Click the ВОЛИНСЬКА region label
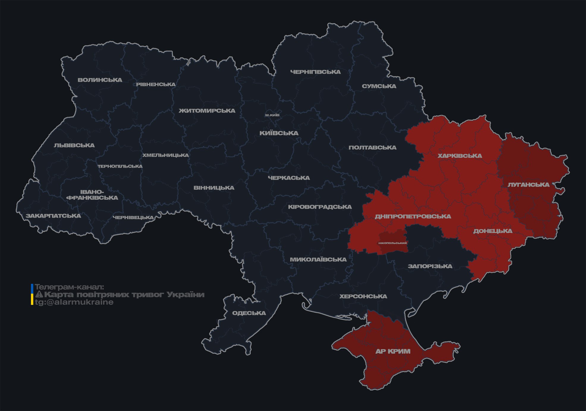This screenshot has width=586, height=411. click(100, 80)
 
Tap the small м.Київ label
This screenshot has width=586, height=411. click(272, 115)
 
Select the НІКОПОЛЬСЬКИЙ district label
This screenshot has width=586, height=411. click(392, 243)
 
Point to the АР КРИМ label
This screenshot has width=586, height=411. click(393, 351)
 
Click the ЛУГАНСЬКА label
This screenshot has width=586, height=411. click(528, 185)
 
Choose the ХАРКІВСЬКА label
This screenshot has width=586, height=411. click(460, 156)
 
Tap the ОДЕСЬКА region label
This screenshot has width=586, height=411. click(249, 313)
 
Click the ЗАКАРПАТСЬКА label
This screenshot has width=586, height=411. click(53, 216)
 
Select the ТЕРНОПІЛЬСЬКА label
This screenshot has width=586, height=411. click(120, 166)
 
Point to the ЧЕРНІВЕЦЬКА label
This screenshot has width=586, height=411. click(133, 218)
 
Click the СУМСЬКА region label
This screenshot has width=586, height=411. click(379, 86)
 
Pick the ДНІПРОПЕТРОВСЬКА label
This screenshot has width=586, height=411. click(413, 216)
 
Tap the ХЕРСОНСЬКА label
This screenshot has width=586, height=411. click(363, 296)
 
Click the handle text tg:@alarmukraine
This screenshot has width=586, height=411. click(74, 302)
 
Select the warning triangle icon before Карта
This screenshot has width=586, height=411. click(39, 295)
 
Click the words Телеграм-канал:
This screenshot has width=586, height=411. click(69, 287)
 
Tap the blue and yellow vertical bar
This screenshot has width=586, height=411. click(32, 294)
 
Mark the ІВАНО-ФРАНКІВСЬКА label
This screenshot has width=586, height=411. click(92, 195)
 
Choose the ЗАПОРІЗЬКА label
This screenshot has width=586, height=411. click(430, 266)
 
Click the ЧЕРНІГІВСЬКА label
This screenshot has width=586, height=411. click(315, 72)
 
